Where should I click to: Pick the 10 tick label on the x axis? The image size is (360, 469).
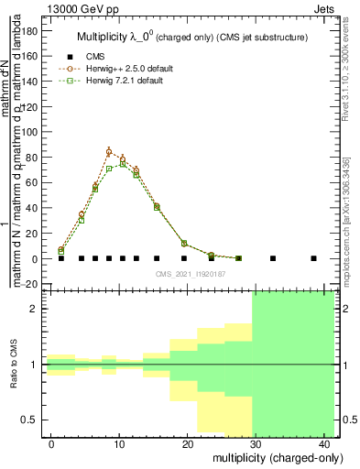click(119, 444)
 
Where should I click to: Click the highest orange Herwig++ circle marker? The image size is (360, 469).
click(109, 152)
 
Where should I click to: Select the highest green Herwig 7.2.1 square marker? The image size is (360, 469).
click(123, 164)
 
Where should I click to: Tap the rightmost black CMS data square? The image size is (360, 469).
click(314, 258)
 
